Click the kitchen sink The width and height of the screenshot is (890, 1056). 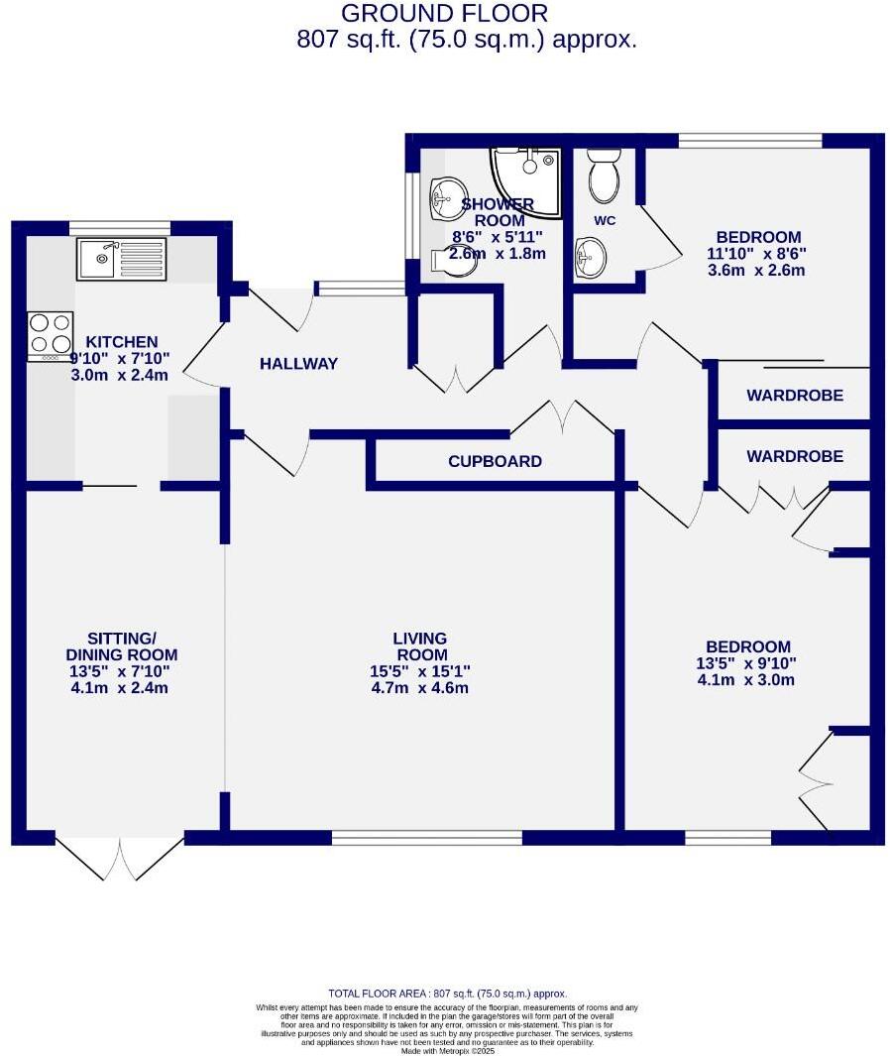click(x=121, y=259)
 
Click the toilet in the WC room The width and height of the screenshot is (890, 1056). click(x=604, y=176)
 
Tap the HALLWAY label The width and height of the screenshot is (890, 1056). click(x=298, y=364)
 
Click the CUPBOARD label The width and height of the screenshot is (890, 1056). click(x=495, y=461)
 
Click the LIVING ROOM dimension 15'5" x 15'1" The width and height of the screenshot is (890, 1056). click(x=420, y=671)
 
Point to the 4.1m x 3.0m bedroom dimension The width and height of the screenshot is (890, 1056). click(x=745, y=680)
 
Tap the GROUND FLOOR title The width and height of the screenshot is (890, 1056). click(x=443, y=14)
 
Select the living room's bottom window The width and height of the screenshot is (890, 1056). click(x=426, y=839)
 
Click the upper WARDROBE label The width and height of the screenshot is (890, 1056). click(x=795, y=396)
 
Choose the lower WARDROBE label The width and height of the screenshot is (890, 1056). click(x=795, y=456)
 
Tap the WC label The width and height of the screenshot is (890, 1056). click(x=604, y=220)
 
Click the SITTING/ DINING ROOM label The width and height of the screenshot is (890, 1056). click(x=121, y=645)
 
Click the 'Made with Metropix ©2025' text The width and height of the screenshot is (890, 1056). click(x=447, y=1050)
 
